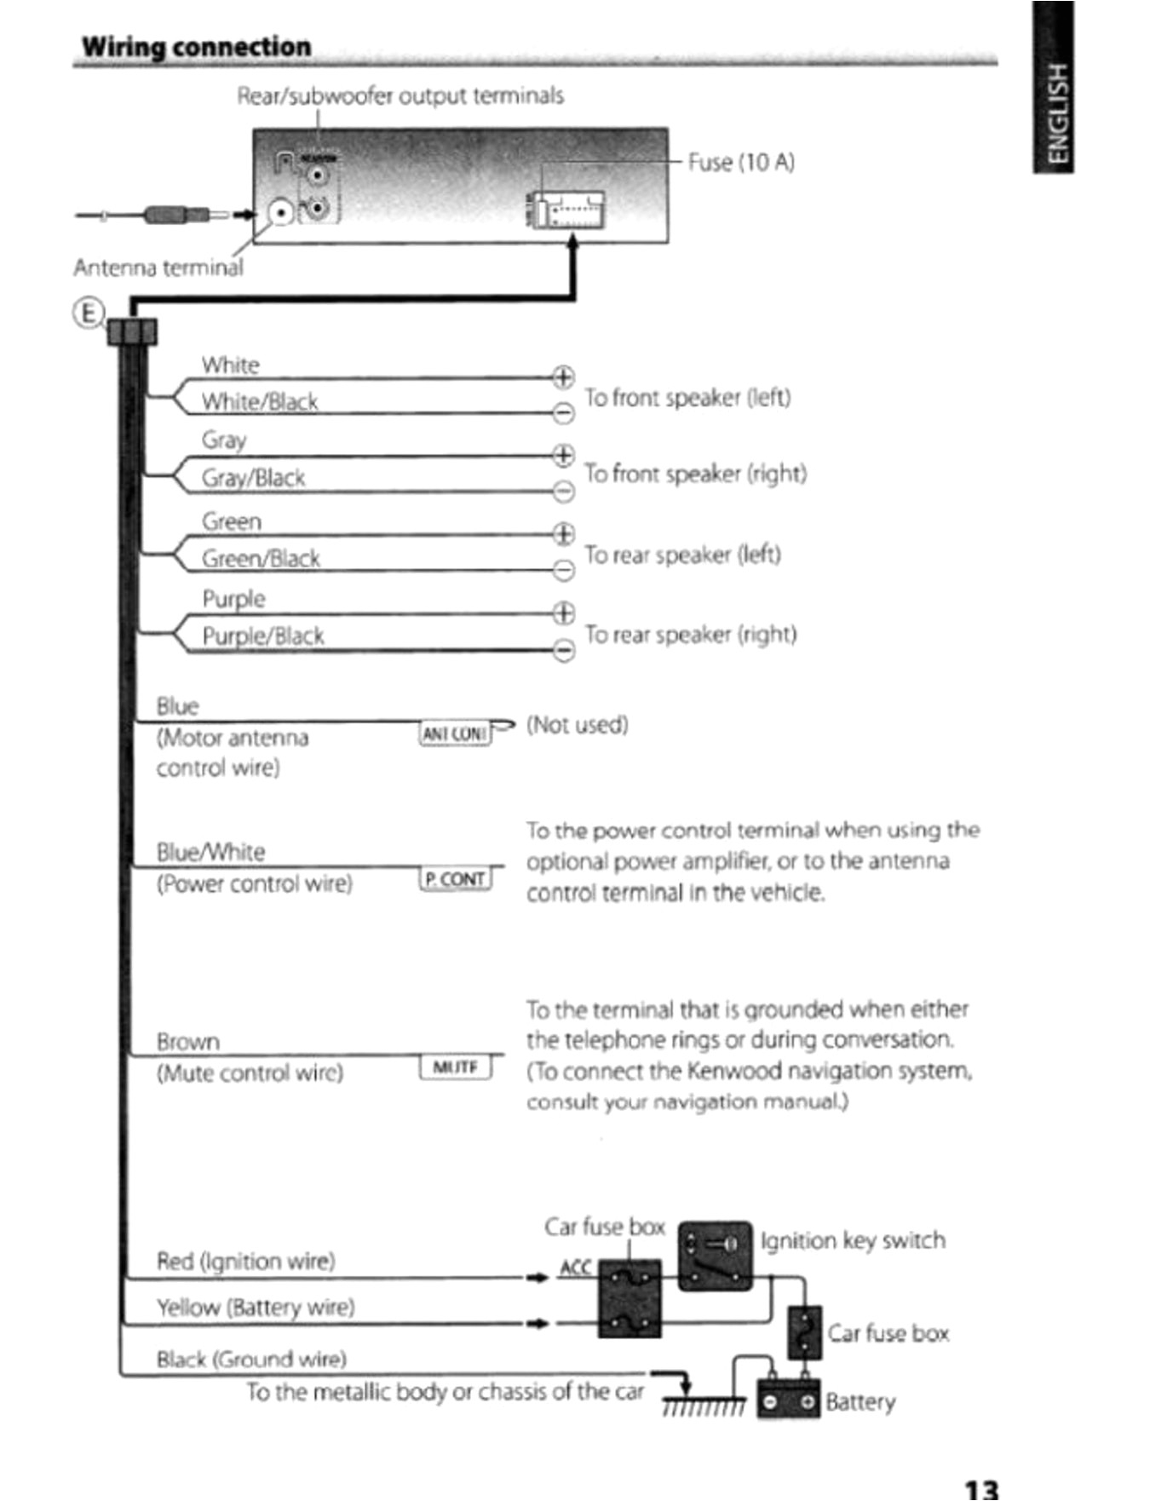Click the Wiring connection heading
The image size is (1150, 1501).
click(196, 46)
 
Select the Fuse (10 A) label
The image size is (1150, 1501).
click(741, 162)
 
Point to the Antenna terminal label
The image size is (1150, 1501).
click(158, 267)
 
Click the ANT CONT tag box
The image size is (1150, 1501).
click(456, 733)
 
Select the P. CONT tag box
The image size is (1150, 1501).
click(456, 878)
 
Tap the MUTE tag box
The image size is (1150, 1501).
click(456, 1067)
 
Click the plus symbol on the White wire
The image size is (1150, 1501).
click(563, 376)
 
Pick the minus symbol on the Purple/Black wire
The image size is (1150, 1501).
click(563, 650)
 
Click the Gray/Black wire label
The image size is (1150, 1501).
click(253, 478)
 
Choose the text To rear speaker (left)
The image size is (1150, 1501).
click(682, 555)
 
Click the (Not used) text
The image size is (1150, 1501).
click(577, 724)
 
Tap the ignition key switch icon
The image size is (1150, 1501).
click(715, 1255)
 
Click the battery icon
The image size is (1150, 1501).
click(789, 1400)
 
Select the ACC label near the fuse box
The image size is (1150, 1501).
click(575, 1267)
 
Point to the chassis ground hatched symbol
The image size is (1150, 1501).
click(704, 1406)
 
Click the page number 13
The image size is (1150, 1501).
click(980, 1488)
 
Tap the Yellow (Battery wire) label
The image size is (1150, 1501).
click(256, 1307)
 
